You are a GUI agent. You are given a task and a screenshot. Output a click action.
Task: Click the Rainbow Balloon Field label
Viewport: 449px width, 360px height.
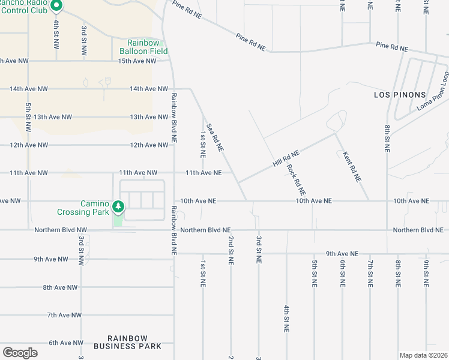click(x=143, y=47)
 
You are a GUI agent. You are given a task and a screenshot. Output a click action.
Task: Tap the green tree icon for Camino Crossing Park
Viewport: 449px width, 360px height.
click(x=119, y=207)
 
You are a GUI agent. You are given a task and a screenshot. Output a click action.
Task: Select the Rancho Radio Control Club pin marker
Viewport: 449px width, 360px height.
click(x=56, y=6)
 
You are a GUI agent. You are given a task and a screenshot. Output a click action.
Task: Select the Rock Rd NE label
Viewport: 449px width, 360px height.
click(x=297, y=179)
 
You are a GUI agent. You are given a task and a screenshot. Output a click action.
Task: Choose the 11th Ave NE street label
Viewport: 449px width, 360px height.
click(x=203, y=173)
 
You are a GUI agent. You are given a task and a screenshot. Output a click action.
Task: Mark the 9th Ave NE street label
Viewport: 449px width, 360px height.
click(x=342, y=254)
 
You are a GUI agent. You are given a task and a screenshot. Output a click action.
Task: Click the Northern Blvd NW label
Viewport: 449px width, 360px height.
click(x=61, y=230)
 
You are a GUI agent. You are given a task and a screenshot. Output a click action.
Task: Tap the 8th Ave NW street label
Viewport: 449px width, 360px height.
click(x=60, y=287)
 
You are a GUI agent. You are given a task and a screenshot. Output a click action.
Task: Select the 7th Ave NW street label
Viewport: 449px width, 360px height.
click(x=64, y=315)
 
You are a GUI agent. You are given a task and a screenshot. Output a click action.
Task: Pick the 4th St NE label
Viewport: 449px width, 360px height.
click(x=287, y=319)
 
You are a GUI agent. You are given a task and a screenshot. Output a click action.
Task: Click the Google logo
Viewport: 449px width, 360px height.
click(x=20, y=353)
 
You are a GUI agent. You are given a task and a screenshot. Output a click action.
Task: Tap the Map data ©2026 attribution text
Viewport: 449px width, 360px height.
click(x=423, y=355)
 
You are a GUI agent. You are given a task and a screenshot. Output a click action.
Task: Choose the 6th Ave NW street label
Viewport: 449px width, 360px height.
click(x=66, y=343)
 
